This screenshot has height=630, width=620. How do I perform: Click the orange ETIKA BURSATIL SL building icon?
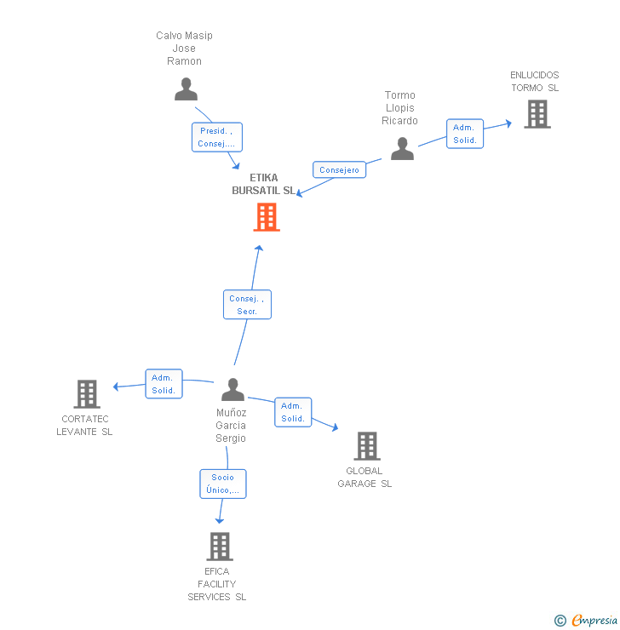click(x=267, y=217)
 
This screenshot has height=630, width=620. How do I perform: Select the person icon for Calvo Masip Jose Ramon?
click(x=186, y=89)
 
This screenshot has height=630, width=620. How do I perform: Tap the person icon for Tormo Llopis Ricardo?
click(x=402, y=148)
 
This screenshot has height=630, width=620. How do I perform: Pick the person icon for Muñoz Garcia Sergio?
click(x=232, y=389)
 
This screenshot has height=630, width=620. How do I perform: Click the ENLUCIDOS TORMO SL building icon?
click(x=537, y=114)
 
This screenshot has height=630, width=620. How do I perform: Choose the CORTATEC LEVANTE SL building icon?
click(x=87, y=394)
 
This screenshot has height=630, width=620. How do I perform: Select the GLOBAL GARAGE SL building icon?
click(x=366, y=445)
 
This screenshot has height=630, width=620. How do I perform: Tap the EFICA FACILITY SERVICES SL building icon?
click(x=219, y=546)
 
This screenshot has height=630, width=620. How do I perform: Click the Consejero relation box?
click(x=339, y=169)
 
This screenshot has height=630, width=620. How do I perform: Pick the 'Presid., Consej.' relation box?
click(x=217, y=137)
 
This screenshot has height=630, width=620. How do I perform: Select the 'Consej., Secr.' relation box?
click(x=248, y=305)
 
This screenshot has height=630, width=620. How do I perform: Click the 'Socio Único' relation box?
click(x=223, y=484)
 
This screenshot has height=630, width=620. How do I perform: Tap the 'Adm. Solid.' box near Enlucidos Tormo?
click(x=465, y=134)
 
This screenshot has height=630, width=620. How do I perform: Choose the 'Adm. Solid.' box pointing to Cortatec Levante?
click(x=164, y=384)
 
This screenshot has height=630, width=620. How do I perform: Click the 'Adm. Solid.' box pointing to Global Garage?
click(x=293, y=412)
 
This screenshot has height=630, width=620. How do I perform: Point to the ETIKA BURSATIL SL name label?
click(x=264, y=185)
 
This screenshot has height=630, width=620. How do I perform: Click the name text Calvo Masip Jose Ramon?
click(x=184, y=48)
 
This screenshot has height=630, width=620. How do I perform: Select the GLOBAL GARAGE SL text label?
click(x=365, y=477)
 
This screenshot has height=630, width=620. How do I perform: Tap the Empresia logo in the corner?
click(x=586, y=621)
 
